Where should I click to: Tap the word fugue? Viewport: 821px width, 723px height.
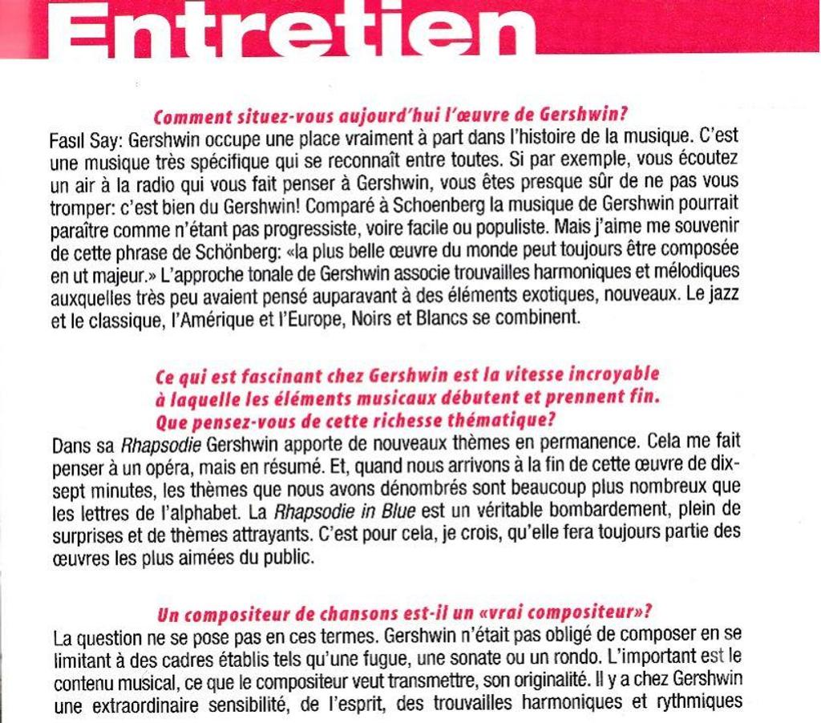click(x=452, y=661)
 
